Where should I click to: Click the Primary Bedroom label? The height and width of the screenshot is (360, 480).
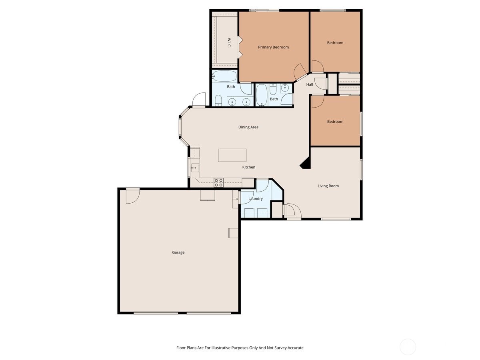(273, 47)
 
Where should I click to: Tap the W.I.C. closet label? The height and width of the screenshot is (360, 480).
(229, 43)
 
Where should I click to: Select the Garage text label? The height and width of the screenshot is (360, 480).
(178, 252)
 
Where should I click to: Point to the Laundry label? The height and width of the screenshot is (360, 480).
(256, 199)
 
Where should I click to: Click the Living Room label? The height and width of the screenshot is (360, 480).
(328, 186)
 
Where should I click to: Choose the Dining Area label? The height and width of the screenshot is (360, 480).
(248, 127)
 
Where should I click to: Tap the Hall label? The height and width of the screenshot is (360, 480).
(310, 84)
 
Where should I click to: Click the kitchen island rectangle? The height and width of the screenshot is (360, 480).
(232, 155)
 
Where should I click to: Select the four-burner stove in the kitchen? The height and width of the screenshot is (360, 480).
(218, 182)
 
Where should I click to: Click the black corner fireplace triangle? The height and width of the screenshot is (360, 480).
(306, 163)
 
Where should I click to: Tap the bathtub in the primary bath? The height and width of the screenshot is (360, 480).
(224, 76)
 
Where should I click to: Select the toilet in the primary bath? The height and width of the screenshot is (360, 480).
(218, 100)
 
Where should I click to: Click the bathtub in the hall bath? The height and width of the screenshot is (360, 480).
(261, 95)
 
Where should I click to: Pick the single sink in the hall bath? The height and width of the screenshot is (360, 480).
(285, 88)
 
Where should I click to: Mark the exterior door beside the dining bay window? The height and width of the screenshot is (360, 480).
(199, 100)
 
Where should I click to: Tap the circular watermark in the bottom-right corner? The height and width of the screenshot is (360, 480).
(408, 347)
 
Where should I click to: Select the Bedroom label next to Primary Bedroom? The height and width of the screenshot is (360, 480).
(335, 43)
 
